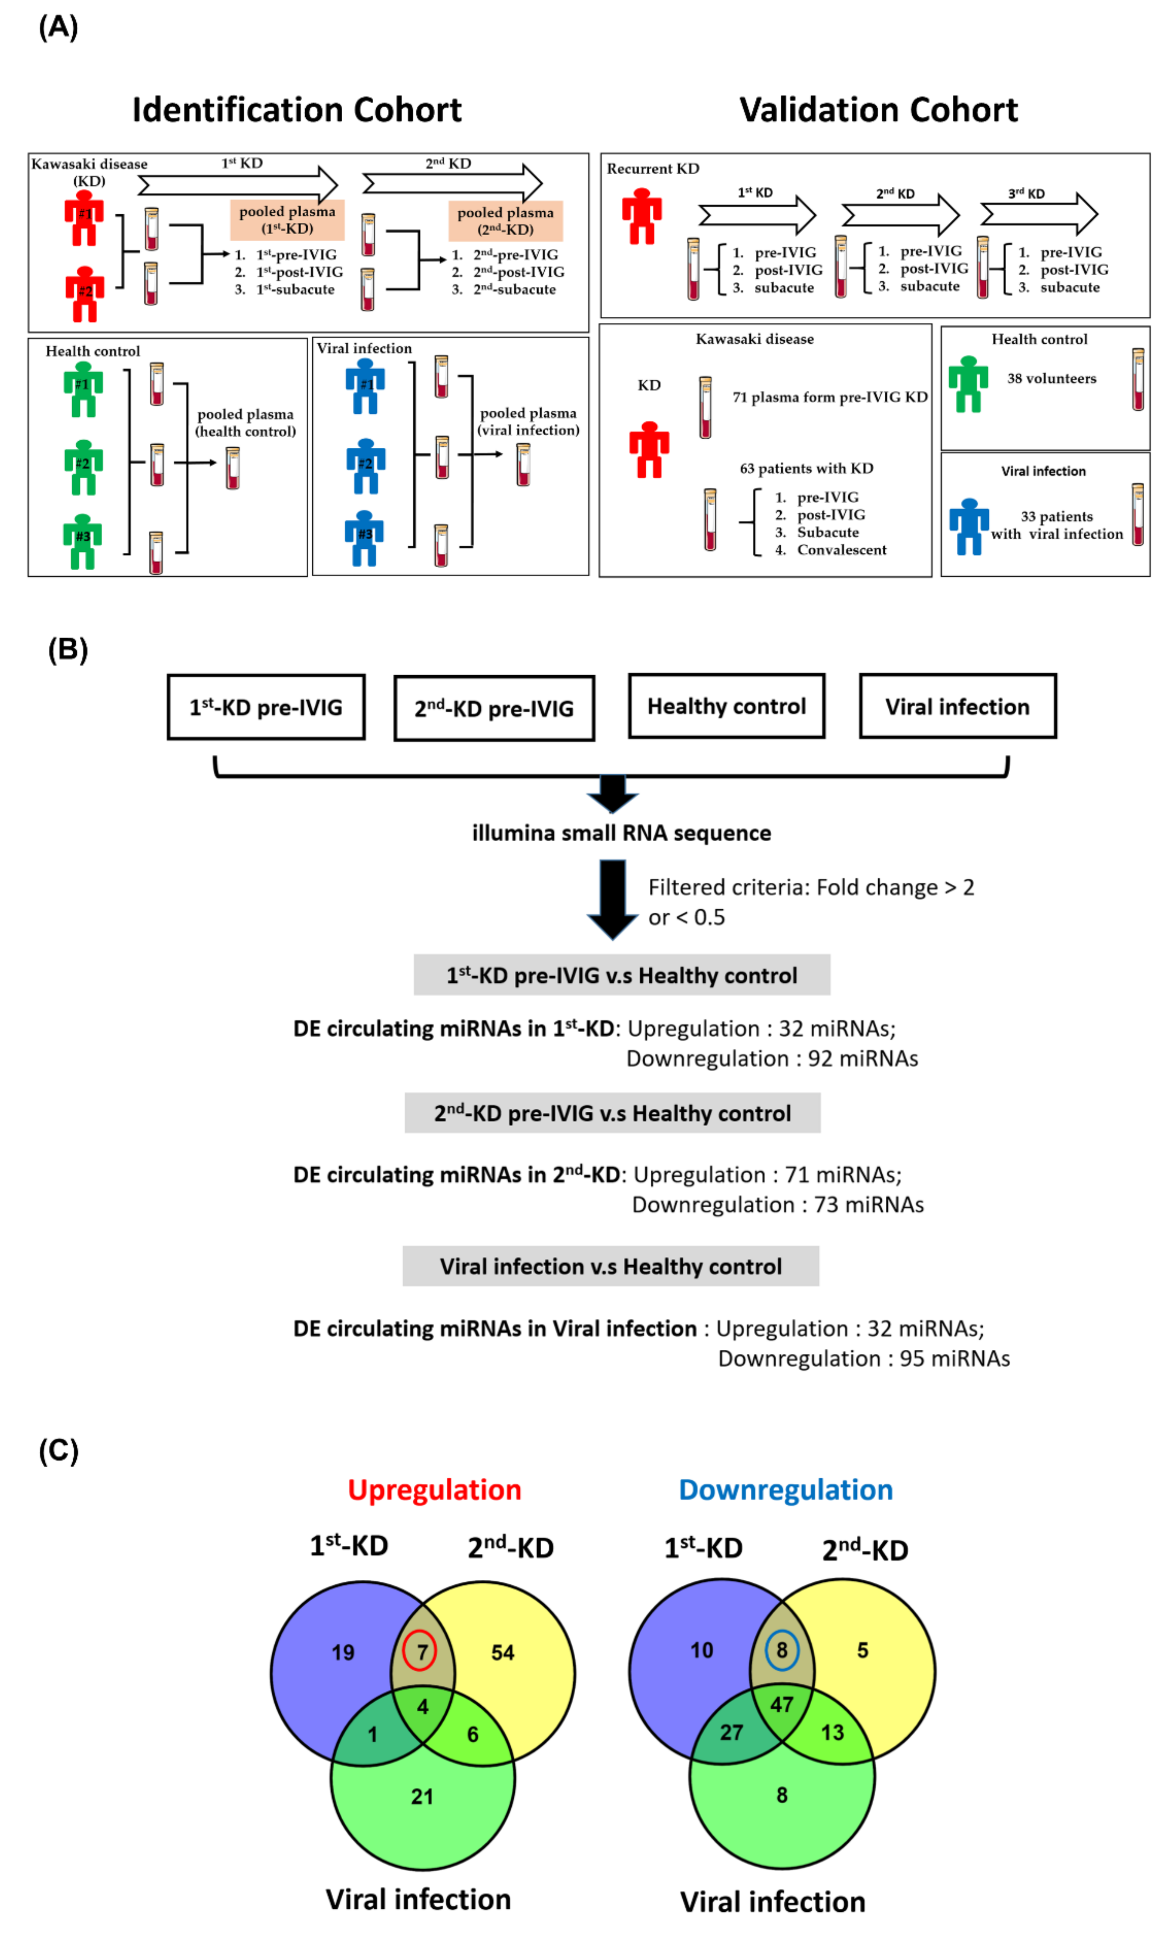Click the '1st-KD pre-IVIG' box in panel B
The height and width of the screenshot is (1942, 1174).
click(x=266, y=707)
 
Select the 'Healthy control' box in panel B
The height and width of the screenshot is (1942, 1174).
click(x=726, y=706)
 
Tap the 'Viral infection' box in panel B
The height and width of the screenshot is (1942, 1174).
click(x=957, y=706)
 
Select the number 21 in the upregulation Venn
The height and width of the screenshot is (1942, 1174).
click(x=422, y=1796)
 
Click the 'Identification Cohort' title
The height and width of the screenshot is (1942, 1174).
click(x=297, y=110)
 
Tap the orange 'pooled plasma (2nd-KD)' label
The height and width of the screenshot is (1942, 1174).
click(x=505, y=221)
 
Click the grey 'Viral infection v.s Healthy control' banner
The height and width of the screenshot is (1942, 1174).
click(x=610, y=1266)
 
